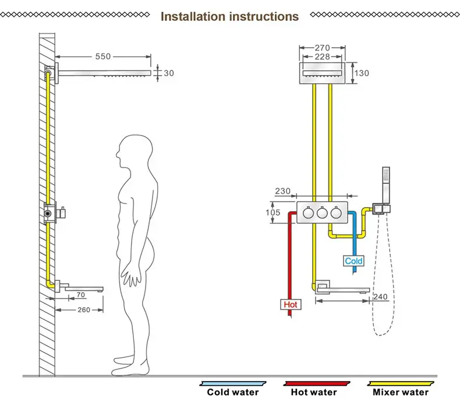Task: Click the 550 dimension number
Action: pyautogui.click(x=103, y=56)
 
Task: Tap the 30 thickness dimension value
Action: pyautogui.click(x=169, y=73)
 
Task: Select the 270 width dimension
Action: pyautogui.click(x=323, y=48)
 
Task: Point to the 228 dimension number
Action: pyautogui.click(x=323, y=56)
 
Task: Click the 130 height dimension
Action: pyautogui.click(x=362, y=73)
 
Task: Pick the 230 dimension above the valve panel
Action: pyautogui.click(x=282, y=191)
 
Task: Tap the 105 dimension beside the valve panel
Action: pyautogui.click(x=273, y=212)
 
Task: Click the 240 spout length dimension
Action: pyautogui.click(x=380, y=297)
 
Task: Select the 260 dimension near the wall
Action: pyautogui.click(x=84, y=310)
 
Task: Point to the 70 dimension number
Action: pyautogui.click(x=81, y=294)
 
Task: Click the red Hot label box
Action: pyautogui.click(x=291, y=305)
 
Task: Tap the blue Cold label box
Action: pyautogui.click(x=353, y=261)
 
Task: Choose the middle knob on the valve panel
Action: pyautogui.click(x=322, y=212)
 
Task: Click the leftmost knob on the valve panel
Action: pyautogui.click(x=309, y=212)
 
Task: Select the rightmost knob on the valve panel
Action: pyautogui.click(x=336, y=212)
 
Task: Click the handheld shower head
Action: pyautogui.click(x=386, y=186)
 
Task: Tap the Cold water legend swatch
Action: pyautogui.click(x=233, y=383)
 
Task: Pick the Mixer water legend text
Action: pyautogui.click(x=401, y=392)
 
